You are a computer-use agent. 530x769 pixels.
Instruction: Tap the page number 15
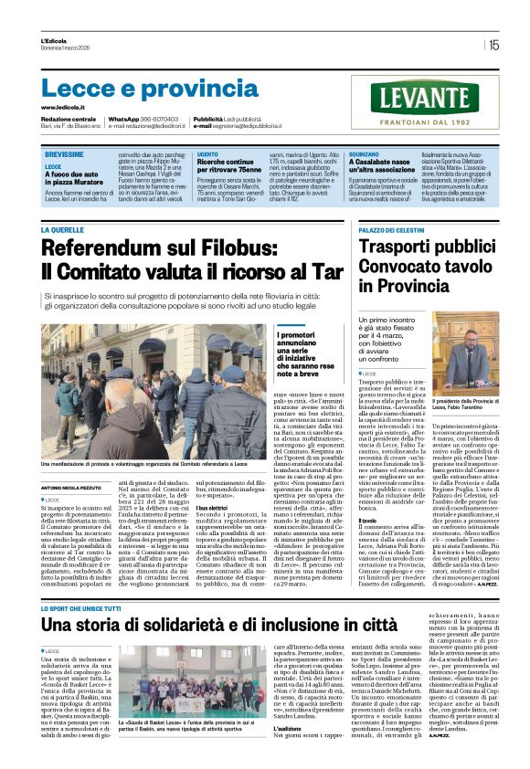coord(493,44)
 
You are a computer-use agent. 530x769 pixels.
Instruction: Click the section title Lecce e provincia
coord(137,88)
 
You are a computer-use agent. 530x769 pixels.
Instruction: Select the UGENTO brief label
coord(207,156)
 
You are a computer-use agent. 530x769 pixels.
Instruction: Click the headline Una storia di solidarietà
coord(219,601)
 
